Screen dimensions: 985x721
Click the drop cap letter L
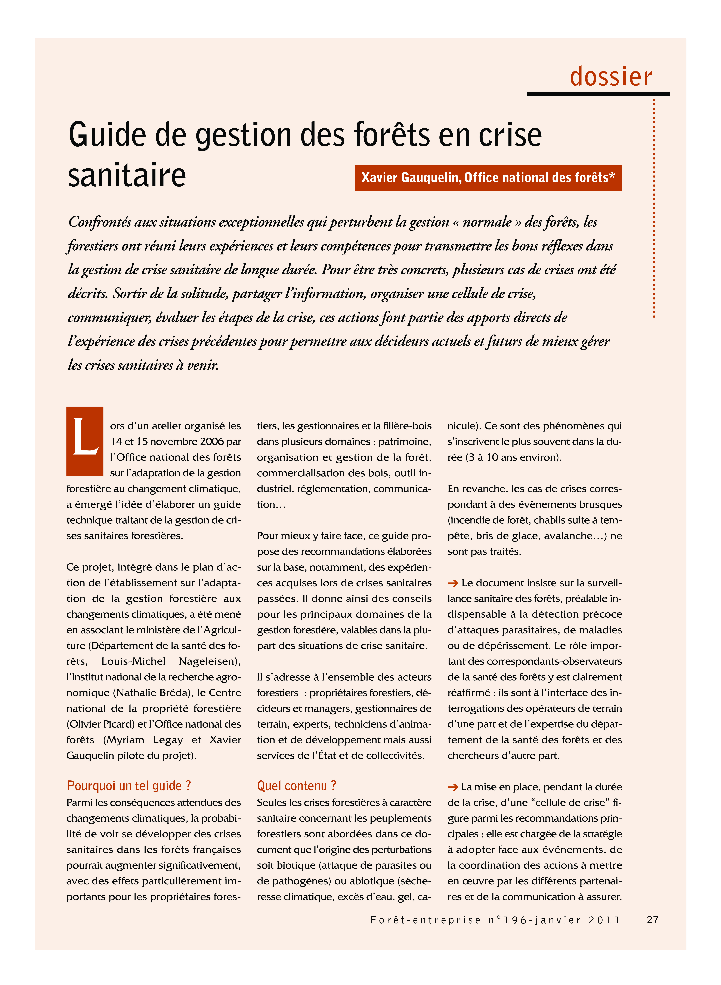[85, 441]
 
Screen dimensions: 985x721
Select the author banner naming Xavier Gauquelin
[488, 178]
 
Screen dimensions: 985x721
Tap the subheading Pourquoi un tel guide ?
[129, 785]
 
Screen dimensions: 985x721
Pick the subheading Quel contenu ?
[296, 785]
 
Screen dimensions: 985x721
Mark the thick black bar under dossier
[598, 94]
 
